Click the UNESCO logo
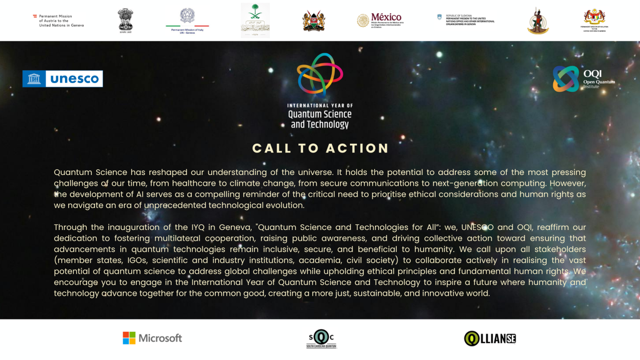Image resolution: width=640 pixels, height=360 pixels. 62,79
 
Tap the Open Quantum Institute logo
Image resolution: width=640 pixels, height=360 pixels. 583,79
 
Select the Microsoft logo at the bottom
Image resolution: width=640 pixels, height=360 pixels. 152,338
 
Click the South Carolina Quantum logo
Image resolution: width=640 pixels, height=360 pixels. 321,338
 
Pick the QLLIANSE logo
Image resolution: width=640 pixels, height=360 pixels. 490,338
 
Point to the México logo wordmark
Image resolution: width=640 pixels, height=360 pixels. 386,17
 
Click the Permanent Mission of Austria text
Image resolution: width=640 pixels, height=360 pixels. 61,21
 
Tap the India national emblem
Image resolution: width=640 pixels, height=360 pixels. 125,20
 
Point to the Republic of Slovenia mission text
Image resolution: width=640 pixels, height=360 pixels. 470,20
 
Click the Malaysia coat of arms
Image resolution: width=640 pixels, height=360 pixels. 595,17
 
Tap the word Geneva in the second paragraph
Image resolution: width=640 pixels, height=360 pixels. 235,227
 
